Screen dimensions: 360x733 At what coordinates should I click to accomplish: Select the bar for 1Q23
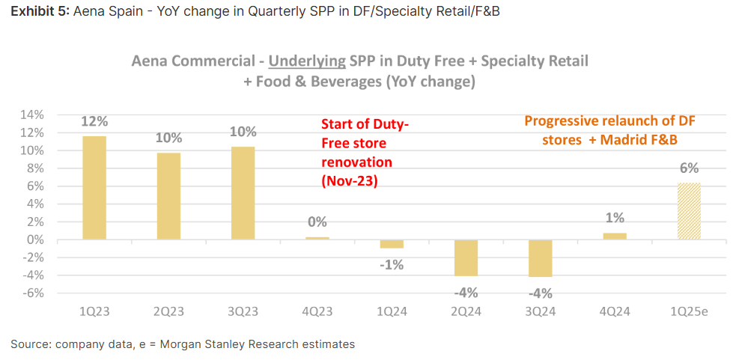point(94,187)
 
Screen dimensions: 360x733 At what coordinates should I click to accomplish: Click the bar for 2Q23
point(168,196)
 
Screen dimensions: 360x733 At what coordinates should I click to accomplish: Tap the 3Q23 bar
point(243,192)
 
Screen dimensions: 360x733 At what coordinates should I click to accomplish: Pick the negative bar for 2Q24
point(466,258)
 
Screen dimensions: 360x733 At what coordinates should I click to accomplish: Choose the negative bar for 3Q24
point(540,259)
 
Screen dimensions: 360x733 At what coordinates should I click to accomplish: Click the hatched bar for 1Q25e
point(689,211)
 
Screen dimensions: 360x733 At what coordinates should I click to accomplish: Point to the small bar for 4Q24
point(615,237)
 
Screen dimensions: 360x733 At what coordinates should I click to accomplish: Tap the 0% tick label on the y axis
point(35,240)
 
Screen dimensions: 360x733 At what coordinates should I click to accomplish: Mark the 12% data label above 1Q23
point(94,121)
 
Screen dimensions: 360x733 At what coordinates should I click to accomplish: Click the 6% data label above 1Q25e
point(689,168)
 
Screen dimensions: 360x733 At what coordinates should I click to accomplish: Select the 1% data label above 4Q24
point(615,218)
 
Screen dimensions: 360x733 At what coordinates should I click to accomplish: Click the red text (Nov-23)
point(349,180)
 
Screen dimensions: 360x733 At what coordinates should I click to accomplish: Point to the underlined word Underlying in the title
point(305,61)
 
